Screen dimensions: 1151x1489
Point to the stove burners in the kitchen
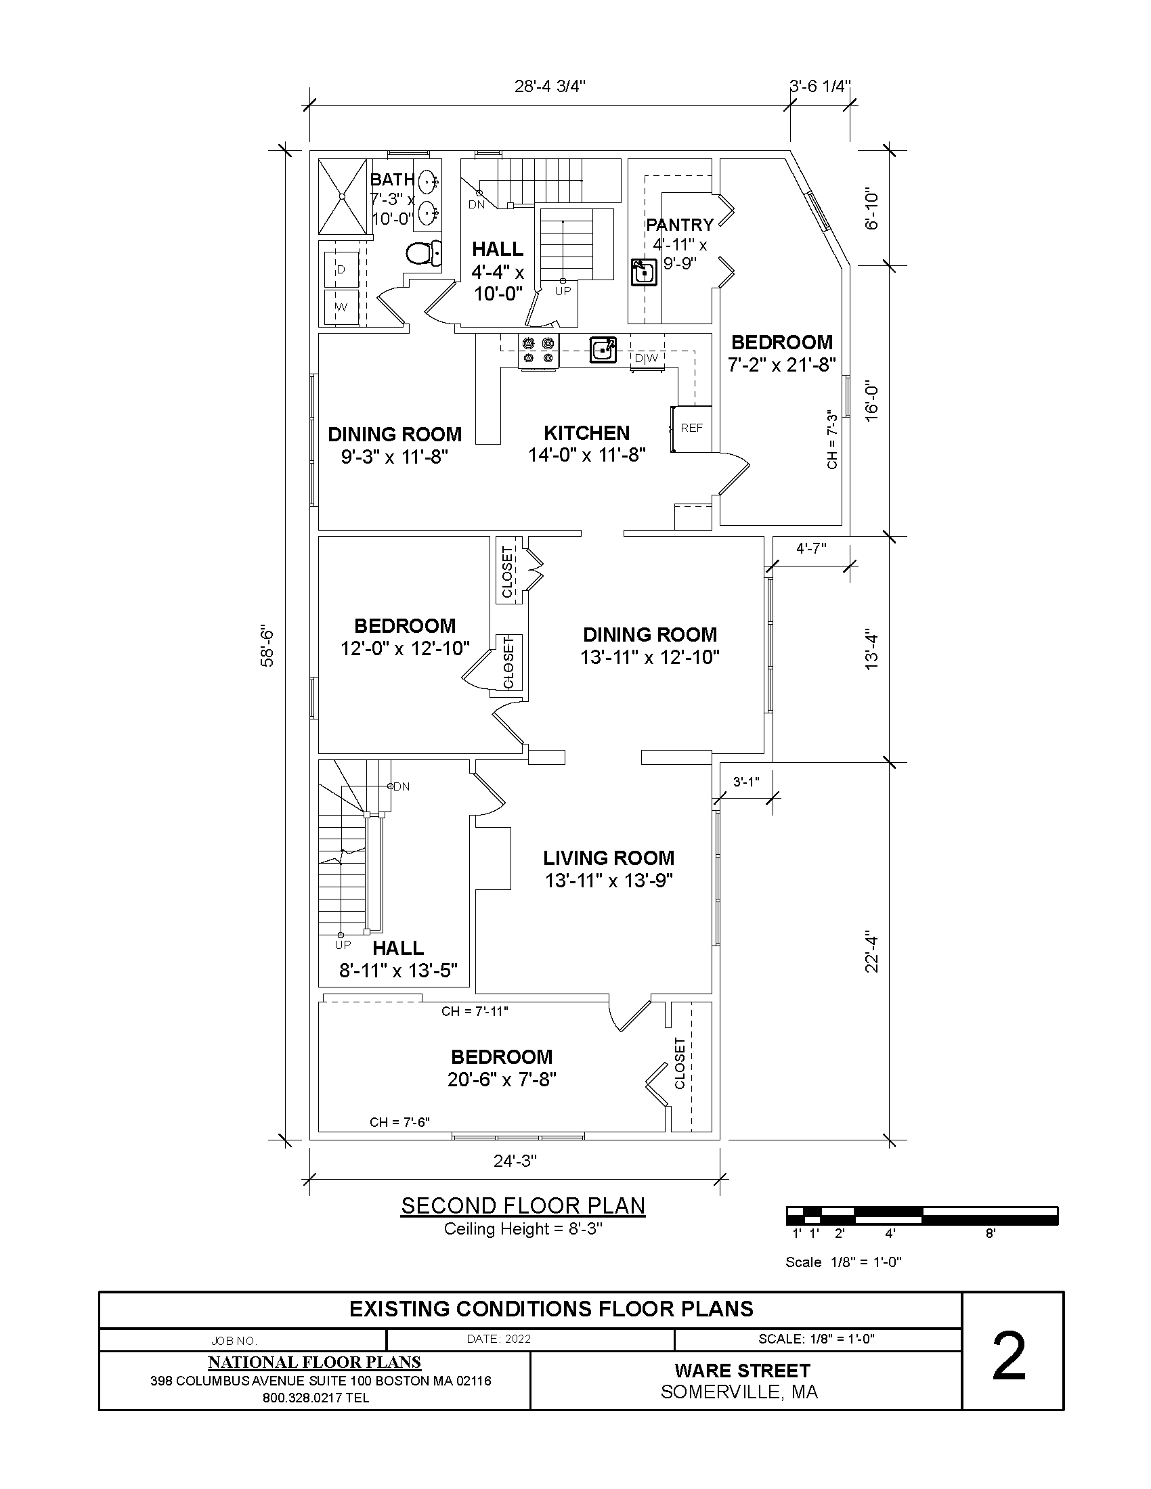(539, 351)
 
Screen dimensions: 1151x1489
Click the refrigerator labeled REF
(691, 428)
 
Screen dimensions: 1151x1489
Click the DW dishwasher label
(647, 358)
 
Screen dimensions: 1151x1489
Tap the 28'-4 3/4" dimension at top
(550, 86)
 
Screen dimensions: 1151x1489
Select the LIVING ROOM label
(609, 858)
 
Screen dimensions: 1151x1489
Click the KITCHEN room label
(586, 433)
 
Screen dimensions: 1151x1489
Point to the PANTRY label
(680, 224)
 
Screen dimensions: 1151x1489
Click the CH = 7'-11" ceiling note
(475, 1011)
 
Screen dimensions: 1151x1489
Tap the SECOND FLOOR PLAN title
(523, 1206)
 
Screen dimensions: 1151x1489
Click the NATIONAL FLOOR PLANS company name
(314, 1363)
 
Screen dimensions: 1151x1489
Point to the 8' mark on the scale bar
(991, 1233)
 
